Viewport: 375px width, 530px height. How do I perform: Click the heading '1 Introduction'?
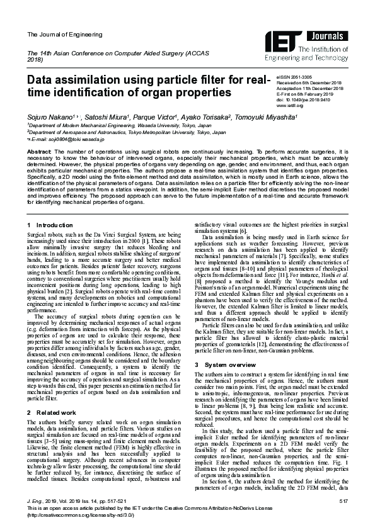52,225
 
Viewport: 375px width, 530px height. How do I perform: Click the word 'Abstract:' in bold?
39,152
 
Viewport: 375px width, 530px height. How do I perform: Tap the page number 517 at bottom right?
343,500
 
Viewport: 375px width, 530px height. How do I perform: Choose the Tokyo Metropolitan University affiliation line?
126,133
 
